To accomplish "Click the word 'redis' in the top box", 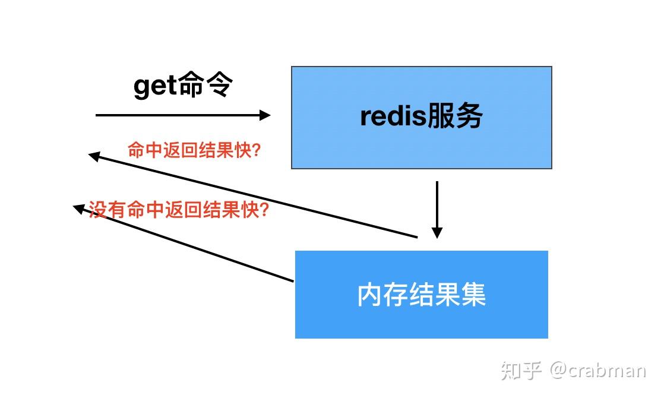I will point(393,116).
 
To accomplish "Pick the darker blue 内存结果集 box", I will point(421,321).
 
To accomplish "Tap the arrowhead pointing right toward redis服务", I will point(265,115).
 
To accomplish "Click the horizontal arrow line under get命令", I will point(178,115).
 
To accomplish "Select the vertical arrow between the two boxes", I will point(437,202).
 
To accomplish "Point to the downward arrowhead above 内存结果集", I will point(437,233).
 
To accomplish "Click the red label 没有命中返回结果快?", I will point(178,210).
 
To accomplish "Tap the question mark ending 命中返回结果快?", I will point(256,150).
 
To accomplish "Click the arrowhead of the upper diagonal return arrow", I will point(93,156).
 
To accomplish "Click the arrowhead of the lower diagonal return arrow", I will point(78,207).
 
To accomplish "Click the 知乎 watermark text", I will point(521,371).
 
